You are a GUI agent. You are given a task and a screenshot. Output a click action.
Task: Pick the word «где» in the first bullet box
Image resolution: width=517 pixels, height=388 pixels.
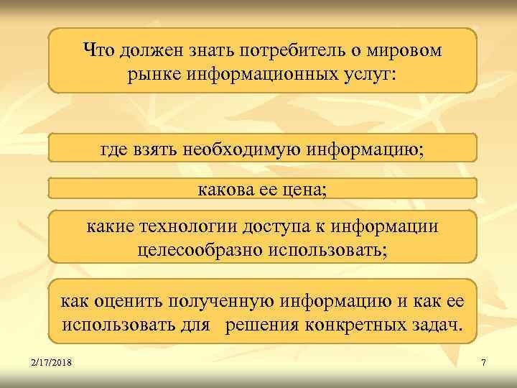coord(113,150)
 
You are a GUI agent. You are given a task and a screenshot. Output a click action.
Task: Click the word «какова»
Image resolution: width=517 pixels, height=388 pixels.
coord(223,190)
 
